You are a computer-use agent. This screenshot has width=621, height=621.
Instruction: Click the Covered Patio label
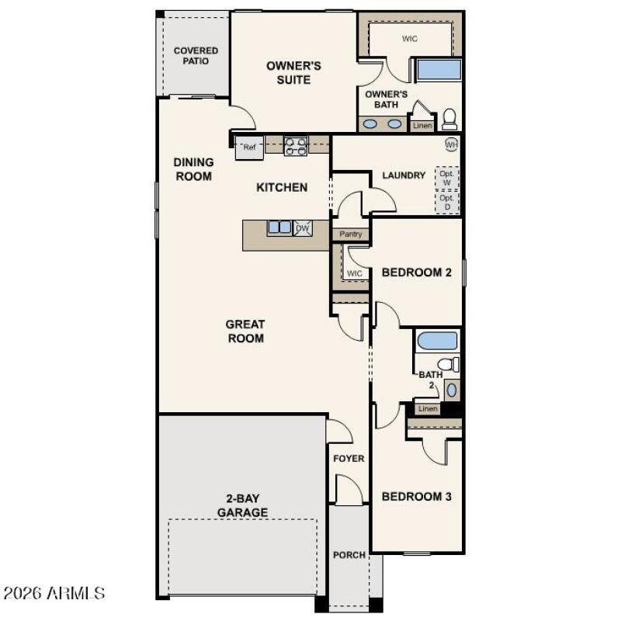coord(196,56)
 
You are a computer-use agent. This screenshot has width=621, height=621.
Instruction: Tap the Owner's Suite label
coord(293,73)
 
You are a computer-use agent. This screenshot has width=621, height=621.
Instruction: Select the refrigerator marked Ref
coord(249,147)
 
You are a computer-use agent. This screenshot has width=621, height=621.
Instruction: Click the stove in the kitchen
coord(296,146)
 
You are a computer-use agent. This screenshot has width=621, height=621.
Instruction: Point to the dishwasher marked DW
coord(303,227)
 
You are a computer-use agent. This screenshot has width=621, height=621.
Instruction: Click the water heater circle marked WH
coord(451,144)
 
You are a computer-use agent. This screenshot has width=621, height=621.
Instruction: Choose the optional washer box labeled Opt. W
coord(446,178)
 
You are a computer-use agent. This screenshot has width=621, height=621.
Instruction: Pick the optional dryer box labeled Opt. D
coord(446,202)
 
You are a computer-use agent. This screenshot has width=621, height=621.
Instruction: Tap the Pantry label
coord(351,234)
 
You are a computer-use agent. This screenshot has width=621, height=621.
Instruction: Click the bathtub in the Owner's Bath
coord(439,71)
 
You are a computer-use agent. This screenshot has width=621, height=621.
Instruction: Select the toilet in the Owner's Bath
coord(449,120)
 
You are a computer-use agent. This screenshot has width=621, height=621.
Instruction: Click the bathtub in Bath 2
coord(438,341)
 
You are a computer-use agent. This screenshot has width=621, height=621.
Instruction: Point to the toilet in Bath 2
coord(446,364)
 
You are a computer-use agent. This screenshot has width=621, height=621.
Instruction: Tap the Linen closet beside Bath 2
coord(428,408)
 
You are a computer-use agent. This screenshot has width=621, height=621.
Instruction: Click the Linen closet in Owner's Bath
coord(422,125)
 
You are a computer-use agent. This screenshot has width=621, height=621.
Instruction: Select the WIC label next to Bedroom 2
coord(355,273)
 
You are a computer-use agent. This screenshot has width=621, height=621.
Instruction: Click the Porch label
coord(349,555)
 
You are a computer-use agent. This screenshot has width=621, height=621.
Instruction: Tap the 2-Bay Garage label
coord(242,506)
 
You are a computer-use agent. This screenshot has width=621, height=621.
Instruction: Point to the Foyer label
coord(349,459)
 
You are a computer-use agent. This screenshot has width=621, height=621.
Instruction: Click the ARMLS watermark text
coord(54,594)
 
